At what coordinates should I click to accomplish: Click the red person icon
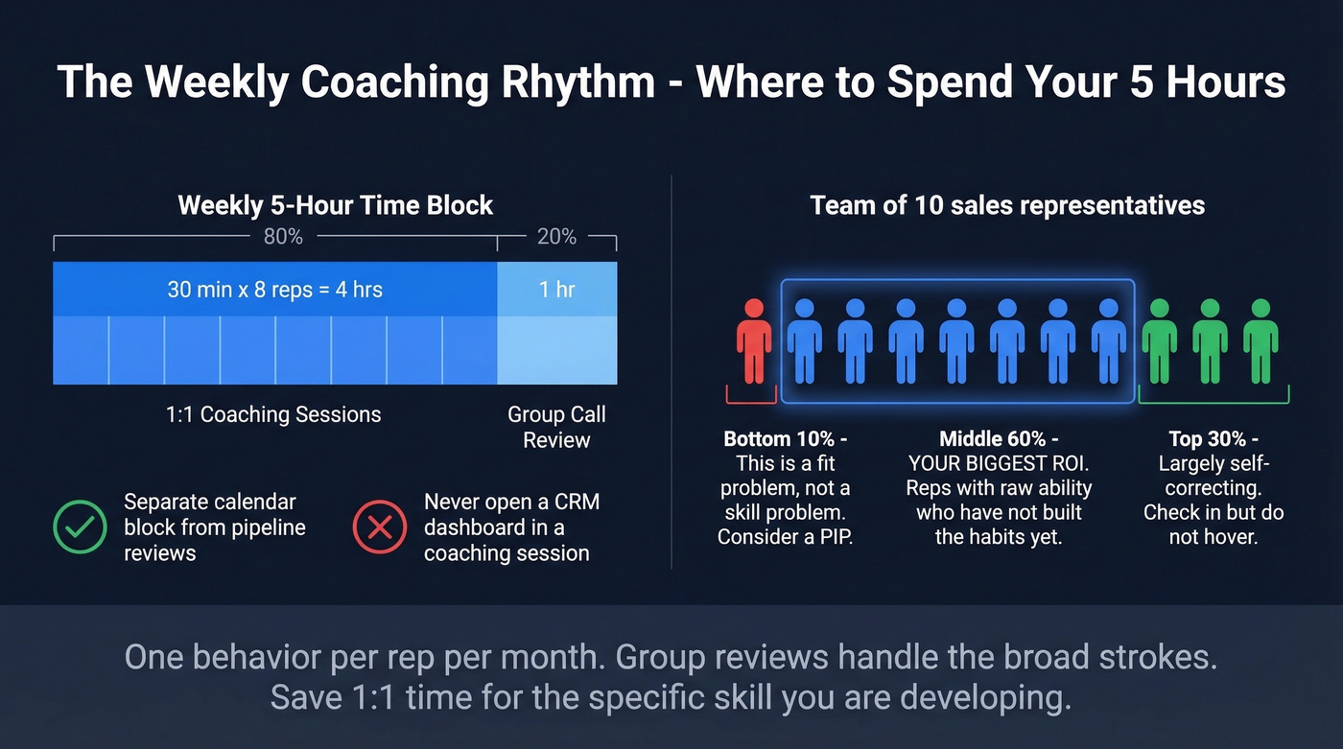tap(754, 341)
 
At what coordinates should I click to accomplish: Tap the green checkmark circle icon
tap(80, 527)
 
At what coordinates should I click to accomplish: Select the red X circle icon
tap(380, 527)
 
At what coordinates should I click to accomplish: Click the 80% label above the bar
tap(283, 237)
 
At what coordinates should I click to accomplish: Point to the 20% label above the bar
tap(556, 237)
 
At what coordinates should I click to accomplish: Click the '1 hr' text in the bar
tap(557, 289)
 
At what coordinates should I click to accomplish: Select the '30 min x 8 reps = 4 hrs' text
tap(274, 289)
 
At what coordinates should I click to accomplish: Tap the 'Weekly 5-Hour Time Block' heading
tap(335, 205)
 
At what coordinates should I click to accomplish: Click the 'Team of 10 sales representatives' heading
tap(1007, 205)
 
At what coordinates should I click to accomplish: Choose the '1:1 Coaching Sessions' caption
tap(273, 414)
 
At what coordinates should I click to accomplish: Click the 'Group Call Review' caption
tap(556, 428)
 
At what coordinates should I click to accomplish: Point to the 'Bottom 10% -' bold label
tap(785, 439)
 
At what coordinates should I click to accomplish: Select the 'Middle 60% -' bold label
tap(999, 439)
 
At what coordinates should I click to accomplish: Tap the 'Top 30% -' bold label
tap(1213, 439)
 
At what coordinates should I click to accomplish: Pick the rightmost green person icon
tap(1261, 341)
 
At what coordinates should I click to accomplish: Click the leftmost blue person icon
tap(804, 341)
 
